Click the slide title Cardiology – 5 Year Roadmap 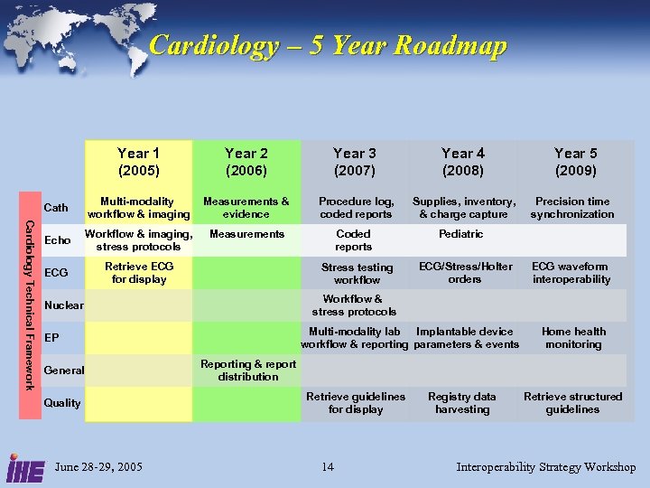(328, 45)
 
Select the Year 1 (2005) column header (139, 163)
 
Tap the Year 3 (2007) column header (355, 163)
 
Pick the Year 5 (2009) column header (575, 163)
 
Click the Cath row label (56, 208)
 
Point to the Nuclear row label (63, 305)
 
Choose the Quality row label (62, 403)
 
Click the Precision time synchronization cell (572, 208)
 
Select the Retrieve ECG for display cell (139, 273)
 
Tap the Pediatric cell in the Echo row (460, 234)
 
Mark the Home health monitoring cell (573, 338)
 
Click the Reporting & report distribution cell (247, 371)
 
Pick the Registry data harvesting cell (462, 403)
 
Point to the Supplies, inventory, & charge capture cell (464, 208)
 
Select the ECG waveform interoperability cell (571, 273)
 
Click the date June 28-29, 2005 (98, 467)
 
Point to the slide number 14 (328, 467)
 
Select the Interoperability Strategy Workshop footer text (546, 467)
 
